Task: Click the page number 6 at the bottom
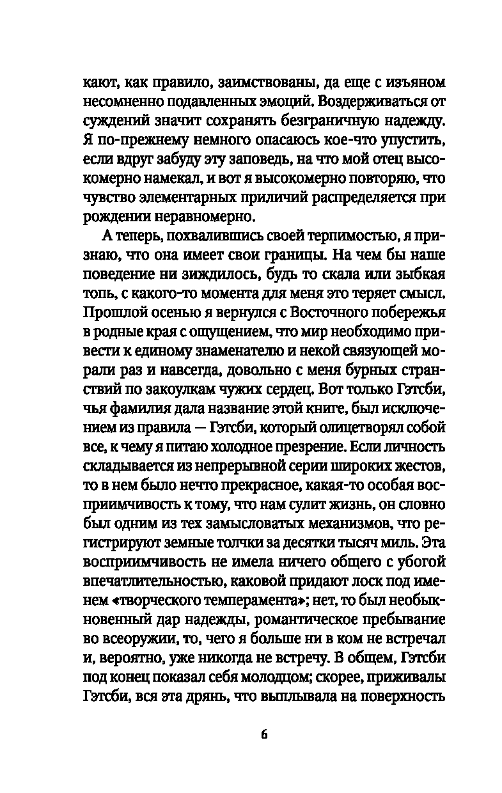pos(264,734)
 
